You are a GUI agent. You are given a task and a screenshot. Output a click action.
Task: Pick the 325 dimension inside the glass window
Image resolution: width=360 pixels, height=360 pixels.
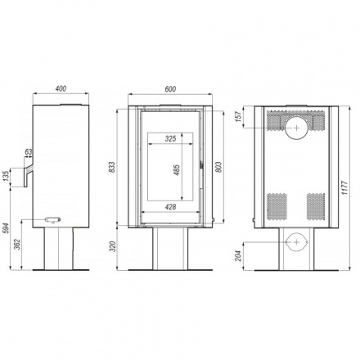pos(169,139)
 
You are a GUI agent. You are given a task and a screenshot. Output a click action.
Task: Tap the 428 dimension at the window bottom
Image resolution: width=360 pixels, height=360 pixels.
pos(170,205)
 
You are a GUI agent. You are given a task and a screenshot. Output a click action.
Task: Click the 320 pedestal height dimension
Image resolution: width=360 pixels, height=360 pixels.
pos(114,245)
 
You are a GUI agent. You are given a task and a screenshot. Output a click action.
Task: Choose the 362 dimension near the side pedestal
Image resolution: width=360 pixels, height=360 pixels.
pos(19,248)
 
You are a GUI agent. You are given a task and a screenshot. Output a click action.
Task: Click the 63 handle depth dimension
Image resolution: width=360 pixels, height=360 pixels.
pos(29,152)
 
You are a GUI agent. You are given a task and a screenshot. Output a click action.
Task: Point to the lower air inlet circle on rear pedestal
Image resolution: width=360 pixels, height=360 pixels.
pos(295,242)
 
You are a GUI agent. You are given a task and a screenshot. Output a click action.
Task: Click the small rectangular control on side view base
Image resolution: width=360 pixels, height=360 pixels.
pos(53,218)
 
